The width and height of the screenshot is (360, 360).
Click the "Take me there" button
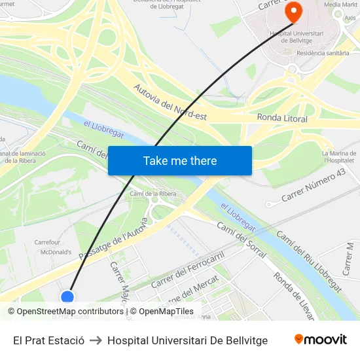[x=180, y=161]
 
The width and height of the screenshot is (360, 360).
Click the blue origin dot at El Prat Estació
[x=67, y=298]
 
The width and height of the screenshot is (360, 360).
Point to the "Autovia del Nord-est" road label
[x=170, y=101]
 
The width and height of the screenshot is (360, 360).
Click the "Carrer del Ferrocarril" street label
[x=188, y=270]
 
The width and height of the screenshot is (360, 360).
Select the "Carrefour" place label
[x=47, y=242]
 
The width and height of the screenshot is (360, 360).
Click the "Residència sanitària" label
[x=323, y=53]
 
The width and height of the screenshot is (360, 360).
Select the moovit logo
[x=321, y=340]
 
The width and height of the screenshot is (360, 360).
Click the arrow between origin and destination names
[x=96, y=340]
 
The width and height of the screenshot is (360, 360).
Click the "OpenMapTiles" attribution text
[x=166, y=312]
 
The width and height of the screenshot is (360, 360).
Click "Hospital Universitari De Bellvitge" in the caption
[x=187, y=340]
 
